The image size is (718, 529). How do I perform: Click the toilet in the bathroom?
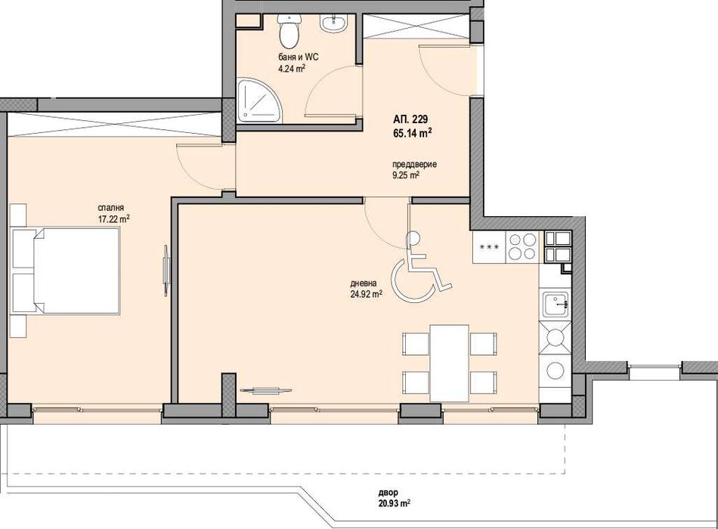click(x=289, y=32)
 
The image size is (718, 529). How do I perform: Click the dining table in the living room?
click(x=449, y=362)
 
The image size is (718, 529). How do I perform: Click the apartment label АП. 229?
click(x=412, y=119)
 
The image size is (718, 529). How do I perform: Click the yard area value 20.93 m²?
click(x=394, y=503)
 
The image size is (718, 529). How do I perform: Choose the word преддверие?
click(x=414, y=165)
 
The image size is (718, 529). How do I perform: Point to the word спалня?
click(x=110, y=207)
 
